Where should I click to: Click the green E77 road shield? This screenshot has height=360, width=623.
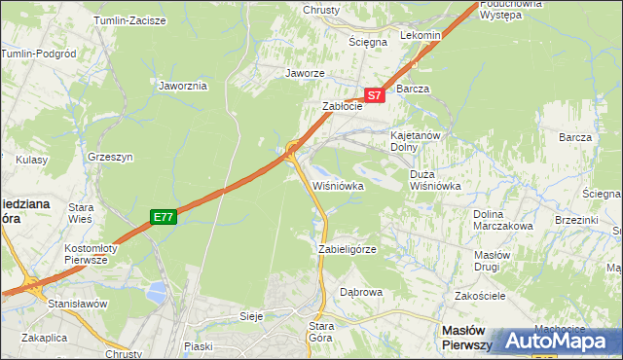163,218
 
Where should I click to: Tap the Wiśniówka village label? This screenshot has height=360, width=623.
338,185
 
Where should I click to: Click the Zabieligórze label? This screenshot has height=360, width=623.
348,249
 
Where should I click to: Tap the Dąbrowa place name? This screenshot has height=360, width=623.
361,292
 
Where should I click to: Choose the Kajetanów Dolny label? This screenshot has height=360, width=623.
417,141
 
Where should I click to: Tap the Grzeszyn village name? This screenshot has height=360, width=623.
109,155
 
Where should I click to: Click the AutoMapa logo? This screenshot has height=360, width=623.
558,341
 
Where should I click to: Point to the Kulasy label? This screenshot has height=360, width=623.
31,159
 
